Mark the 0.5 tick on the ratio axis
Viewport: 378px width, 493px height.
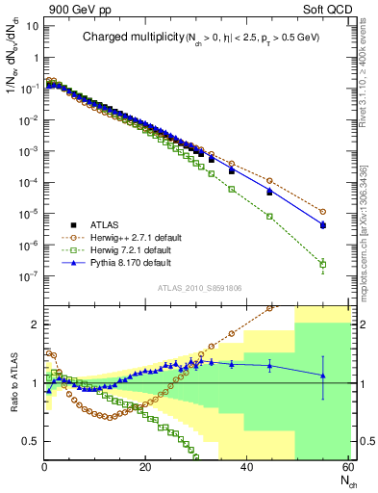(31, 441)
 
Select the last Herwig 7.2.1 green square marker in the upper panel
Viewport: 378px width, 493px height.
(323, 264)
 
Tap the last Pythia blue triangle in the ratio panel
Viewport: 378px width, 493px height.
(323, 376)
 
